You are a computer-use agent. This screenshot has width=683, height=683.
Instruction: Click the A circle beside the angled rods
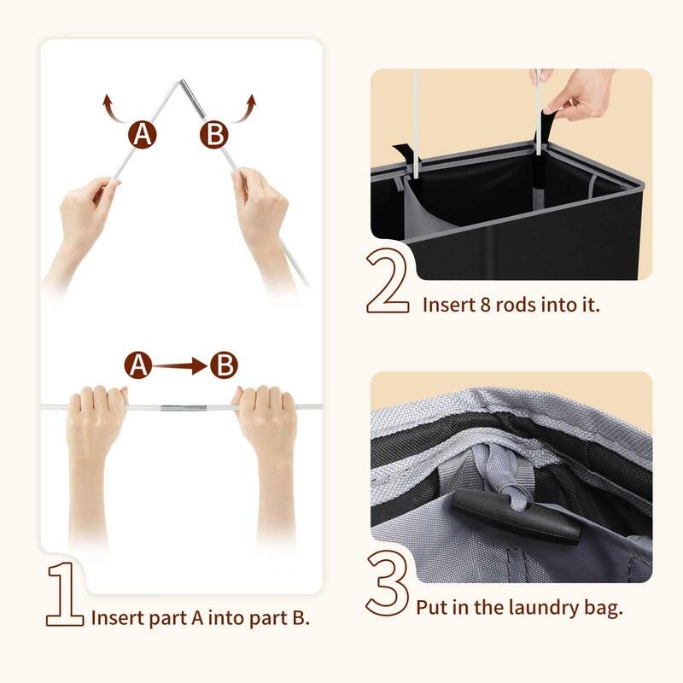[x=143, y=135]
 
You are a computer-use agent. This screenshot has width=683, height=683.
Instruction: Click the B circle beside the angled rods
[x=215, y=135]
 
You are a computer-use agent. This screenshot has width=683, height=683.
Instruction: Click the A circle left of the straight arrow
[x=139, y=366]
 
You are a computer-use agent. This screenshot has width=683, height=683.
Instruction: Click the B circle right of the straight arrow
[x=224, y=366]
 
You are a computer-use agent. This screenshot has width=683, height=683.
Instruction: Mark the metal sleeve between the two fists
[x=180, y=407]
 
